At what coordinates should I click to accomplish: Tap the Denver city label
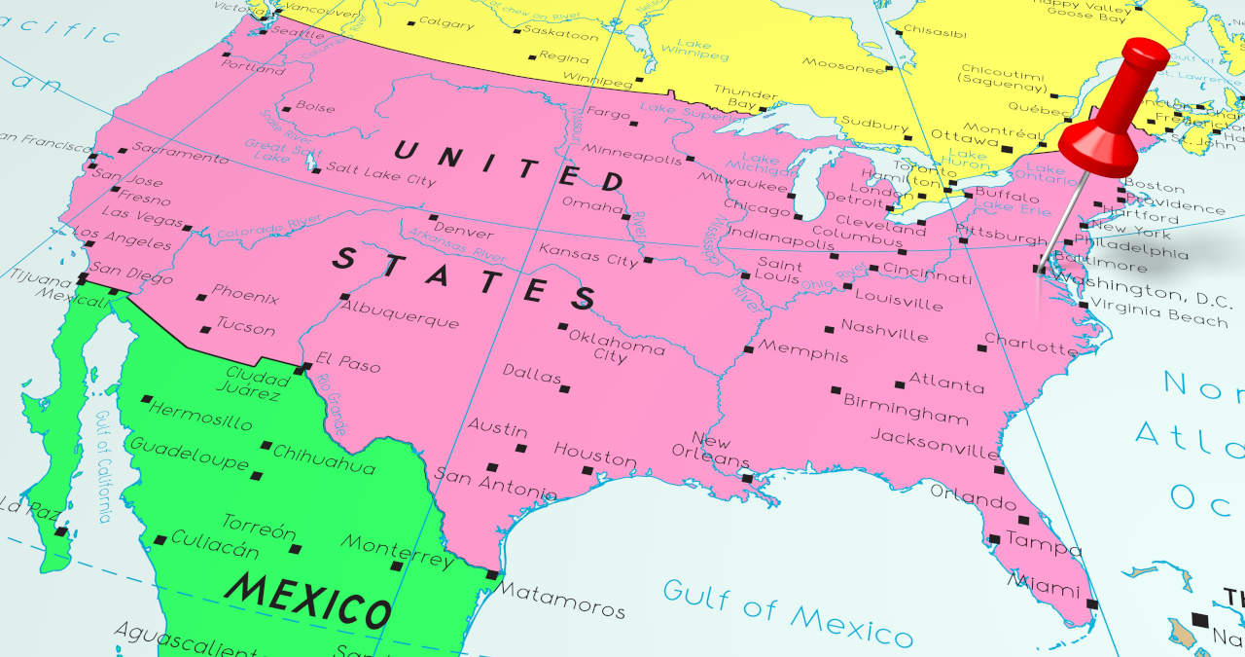(464, 232)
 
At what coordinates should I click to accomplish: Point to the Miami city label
(1044, 584)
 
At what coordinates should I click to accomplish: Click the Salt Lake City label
(381, 174)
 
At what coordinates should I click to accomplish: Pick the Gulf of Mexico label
(788, 612)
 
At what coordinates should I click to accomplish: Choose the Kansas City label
(588, 256)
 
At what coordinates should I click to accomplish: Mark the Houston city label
(594, 455)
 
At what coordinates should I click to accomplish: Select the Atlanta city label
(945, 383)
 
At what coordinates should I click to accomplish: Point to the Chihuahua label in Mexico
(324, 459)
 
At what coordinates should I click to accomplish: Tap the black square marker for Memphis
(748, 348)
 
